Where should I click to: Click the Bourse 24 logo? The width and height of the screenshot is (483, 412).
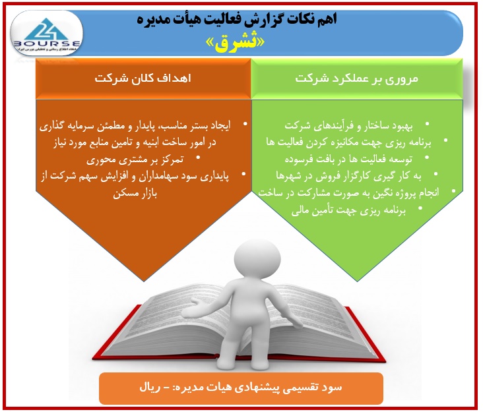point(47,34)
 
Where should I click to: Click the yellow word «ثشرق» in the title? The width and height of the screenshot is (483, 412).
point(235,43)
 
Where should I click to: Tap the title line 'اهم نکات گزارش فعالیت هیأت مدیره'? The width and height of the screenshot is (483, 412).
point(237,19)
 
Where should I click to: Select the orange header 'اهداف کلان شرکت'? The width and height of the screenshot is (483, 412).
point(143,78)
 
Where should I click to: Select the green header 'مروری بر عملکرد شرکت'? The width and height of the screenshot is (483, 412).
point(357,78)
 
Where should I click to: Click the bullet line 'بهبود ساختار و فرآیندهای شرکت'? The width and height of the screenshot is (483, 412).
point(348,126)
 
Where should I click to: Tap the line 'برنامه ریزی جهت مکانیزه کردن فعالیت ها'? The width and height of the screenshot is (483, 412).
point(348,142)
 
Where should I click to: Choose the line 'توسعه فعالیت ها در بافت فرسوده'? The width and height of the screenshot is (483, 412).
point(348,159)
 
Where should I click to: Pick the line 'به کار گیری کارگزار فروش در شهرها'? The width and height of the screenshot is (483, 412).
point(348,176)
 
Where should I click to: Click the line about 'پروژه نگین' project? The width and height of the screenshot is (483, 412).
point(348,193)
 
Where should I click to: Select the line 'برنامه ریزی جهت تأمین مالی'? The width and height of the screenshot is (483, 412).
point(348,210)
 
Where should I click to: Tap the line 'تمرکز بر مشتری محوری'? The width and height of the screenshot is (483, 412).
point(135,160)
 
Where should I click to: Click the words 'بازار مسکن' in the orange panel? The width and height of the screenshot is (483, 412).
point(135,194)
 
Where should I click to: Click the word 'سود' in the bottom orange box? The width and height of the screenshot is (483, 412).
point(332,388)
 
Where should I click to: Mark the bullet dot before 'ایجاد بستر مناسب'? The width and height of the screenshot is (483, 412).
point(245,124)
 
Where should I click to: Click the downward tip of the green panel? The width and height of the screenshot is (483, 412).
point(358,281)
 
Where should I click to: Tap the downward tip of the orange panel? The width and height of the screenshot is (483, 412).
point(144,281)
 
